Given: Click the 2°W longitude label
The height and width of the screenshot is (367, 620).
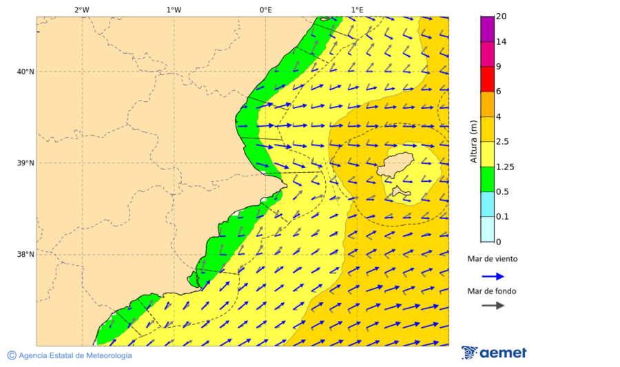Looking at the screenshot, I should (81, 10).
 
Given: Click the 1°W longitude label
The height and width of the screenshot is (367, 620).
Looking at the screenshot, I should (174, 10).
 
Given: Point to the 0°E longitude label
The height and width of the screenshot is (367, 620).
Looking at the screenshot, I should (265, 10).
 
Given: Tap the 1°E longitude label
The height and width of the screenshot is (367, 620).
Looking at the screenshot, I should (357, 10).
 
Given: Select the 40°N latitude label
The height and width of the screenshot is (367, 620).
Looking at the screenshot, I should (25, 72).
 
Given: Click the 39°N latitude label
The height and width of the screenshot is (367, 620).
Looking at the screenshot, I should (25, 163).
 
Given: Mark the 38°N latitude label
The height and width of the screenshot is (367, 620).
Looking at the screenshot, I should (25, 255).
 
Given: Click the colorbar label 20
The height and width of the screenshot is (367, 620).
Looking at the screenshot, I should (501, 17).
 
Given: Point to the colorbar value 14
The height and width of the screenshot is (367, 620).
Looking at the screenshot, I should (501, 42).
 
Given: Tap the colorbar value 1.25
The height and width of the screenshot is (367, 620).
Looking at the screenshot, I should (504, 167).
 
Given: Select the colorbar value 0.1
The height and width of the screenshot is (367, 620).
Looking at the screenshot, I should (502, 217).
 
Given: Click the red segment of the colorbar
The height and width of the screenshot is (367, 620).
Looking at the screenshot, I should (487, 79).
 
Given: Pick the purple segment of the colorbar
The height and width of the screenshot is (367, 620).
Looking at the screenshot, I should (487, 29).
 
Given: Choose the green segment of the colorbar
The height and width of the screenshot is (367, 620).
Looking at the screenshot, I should (487, 179).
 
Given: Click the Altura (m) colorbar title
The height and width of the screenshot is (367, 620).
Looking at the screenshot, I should (473, 141).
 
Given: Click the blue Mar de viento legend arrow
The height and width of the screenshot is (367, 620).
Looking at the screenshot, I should (493, 276).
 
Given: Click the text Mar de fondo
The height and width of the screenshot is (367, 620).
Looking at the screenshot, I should (492, 291).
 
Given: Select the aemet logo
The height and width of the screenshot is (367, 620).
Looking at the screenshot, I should (494, 353).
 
